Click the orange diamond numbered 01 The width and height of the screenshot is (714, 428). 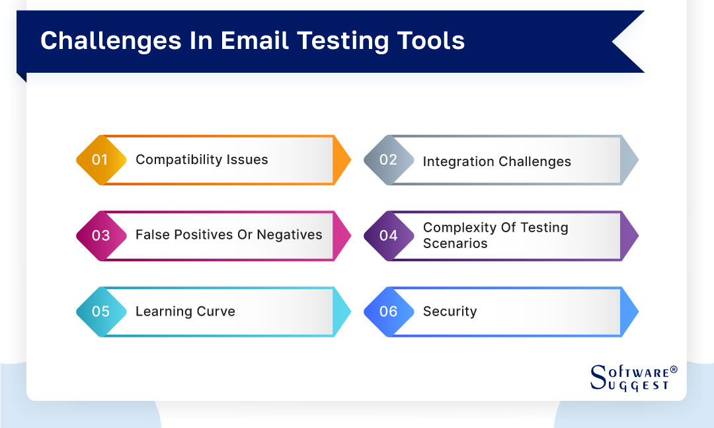click(100, 160)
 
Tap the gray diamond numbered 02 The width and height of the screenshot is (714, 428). click(388, 160)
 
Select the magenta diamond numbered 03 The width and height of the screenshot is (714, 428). click(100, 235)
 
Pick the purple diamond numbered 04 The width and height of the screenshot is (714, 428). click(388, 235)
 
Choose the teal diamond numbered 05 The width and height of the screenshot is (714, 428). click(100, 311)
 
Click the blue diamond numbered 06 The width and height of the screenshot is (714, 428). click(388, 311)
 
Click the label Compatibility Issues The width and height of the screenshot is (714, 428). click(202, 159)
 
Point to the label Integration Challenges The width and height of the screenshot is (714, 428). click(496, 161)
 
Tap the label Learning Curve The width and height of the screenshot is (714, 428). click(185, 311)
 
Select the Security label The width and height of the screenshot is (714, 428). click(450, 311)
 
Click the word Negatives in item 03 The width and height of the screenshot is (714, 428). click(290, 235)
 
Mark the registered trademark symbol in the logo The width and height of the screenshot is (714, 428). click(674, 370)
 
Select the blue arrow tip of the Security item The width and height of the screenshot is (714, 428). click(630, 311)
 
